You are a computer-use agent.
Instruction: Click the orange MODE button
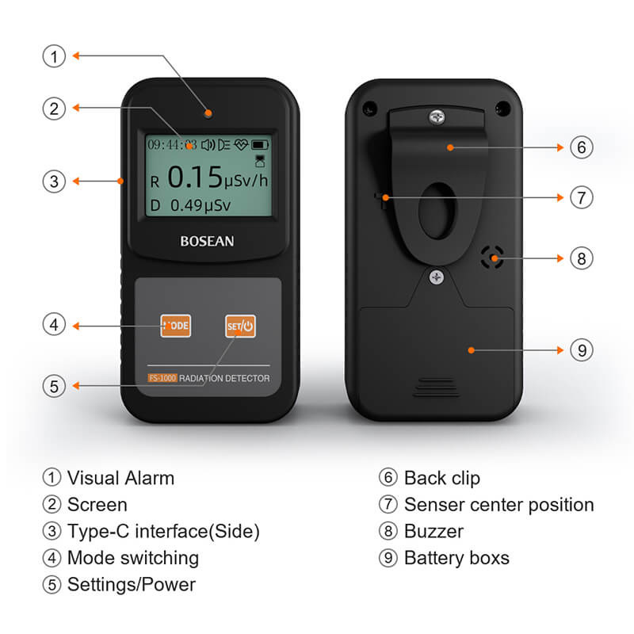point(176,326)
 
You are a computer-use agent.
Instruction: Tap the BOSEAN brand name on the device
point(205,240)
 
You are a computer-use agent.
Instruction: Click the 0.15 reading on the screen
point(194,177)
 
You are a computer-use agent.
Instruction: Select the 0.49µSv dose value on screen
point(200,205)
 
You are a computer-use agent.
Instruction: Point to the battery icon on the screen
point(260,145)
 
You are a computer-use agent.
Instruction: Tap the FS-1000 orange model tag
point(162,378)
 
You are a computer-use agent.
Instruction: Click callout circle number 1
point(54,55)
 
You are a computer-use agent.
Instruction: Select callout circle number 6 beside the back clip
point(581,147)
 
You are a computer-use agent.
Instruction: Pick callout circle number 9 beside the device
point(581,349)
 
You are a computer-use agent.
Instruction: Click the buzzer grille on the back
point(492,257)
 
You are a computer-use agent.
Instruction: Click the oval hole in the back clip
point(435,212)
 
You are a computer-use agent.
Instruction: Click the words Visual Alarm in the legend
point(120,478)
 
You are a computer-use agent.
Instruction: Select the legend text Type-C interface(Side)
point(163,531)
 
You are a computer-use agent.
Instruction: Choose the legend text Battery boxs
point(456,557)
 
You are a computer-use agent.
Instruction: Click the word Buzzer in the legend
point(433,531)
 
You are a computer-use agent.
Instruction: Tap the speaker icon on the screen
point(208,145)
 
